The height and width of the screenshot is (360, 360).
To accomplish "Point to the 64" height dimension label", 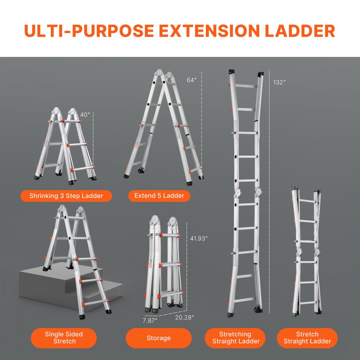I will tap(192, 80).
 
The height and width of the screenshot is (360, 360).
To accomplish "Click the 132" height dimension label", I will tap(279, 82).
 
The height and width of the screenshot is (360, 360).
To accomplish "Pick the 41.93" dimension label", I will tap(199, 238).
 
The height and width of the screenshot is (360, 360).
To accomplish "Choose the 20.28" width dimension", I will tap(184, 317).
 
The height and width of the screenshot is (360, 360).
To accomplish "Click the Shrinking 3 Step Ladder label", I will tap(66, 196).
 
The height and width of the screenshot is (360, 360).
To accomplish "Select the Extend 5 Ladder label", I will tap(159, 196).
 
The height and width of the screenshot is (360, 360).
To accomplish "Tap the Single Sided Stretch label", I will tap(64, 338).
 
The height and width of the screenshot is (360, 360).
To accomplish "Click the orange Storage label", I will tap(158, 338).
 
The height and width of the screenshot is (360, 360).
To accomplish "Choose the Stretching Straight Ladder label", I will tap(235, 338).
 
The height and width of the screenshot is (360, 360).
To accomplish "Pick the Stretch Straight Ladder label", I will tap(307, 338).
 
